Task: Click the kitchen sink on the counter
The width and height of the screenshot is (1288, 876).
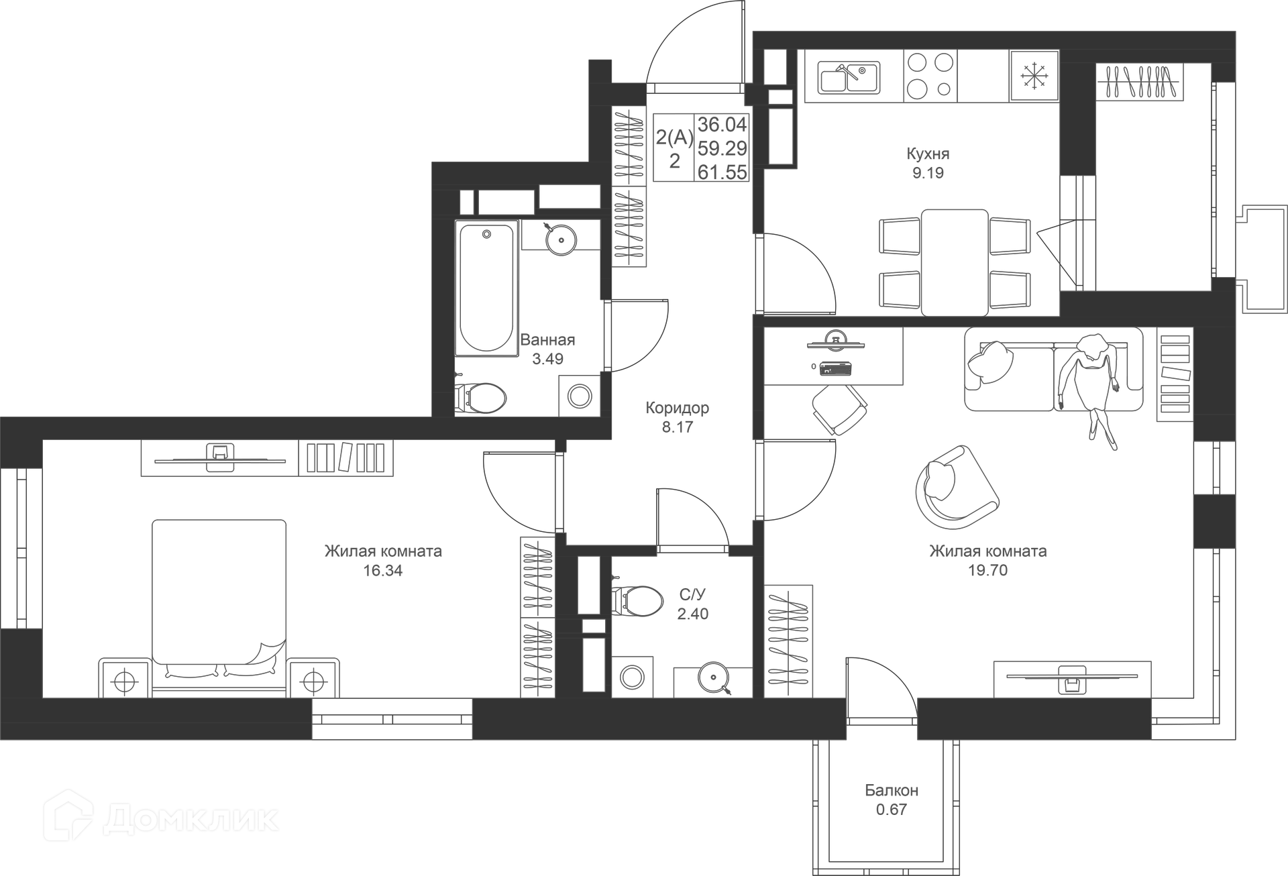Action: coord(849,76)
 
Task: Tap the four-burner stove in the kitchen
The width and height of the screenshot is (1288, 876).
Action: coord(930,76)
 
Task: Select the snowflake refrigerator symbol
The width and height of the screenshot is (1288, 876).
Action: coord(1034,76)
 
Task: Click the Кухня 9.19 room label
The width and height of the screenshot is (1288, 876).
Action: coord(928,163)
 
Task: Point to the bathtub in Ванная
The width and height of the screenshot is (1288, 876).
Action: coord(486,288)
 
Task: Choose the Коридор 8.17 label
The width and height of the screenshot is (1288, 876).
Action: coord(677,417)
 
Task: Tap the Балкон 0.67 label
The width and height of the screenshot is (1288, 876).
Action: coord(891,800)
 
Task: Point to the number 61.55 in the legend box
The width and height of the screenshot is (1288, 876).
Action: coord(722,172)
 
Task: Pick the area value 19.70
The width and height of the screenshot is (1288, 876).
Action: coord(987,570)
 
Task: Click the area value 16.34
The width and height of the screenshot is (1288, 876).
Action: coord(382,571)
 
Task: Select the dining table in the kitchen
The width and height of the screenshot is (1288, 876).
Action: coord(955,262)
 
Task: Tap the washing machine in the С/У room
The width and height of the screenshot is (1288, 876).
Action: coord(632,677)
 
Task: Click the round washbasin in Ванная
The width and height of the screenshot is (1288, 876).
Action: coord(560,238)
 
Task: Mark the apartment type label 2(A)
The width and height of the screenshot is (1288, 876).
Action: coord(674,138)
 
